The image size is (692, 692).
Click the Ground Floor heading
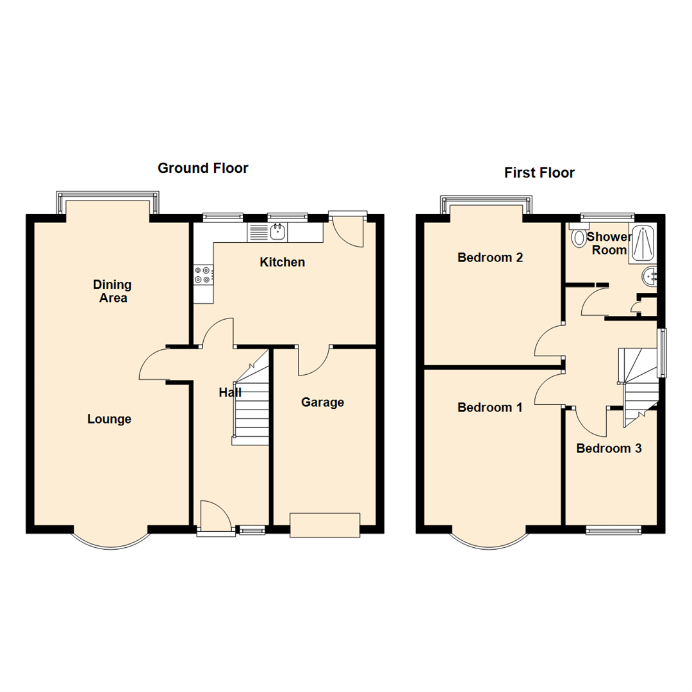(202, 169)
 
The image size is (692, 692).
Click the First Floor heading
(539, 172)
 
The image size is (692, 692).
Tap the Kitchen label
(282, 262)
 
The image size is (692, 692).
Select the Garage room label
(322, 402)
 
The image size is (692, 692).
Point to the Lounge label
(110, 419)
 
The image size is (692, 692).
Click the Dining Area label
(112, 291)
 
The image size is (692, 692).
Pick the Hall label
(230, 393)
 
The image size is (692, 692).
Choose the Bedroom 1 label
(490, 408)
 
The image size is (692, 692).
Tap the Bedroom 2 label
(490, 258)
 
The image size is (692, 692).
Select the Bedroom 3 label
(609, 449)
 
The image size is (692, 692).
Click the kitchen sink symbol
(277, 232)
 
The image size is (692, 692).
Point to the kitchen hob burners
(202, 275)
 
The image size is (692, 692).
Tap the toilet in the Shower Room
(579, 237)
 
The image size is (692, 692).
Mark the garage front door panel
(325, 525)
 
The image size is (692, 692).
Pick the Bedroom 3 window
(614, 530)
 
